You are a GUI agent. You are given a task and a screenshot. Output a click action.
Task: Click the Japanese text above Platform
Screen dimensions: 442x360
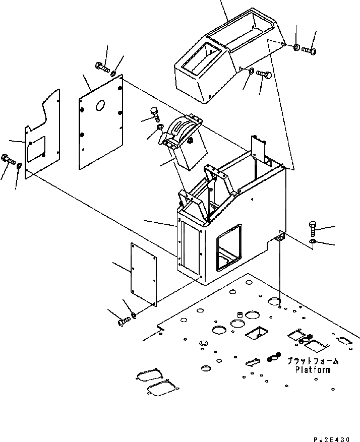(x=313, y=361)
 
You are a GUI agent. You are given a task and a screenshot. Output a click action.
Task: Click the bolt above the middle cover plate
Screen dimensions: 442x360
(x=101, y=66)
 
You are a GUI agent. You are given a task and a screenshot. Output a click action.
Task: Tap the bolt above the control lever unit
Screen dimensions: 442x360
(x=155, y=114)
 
